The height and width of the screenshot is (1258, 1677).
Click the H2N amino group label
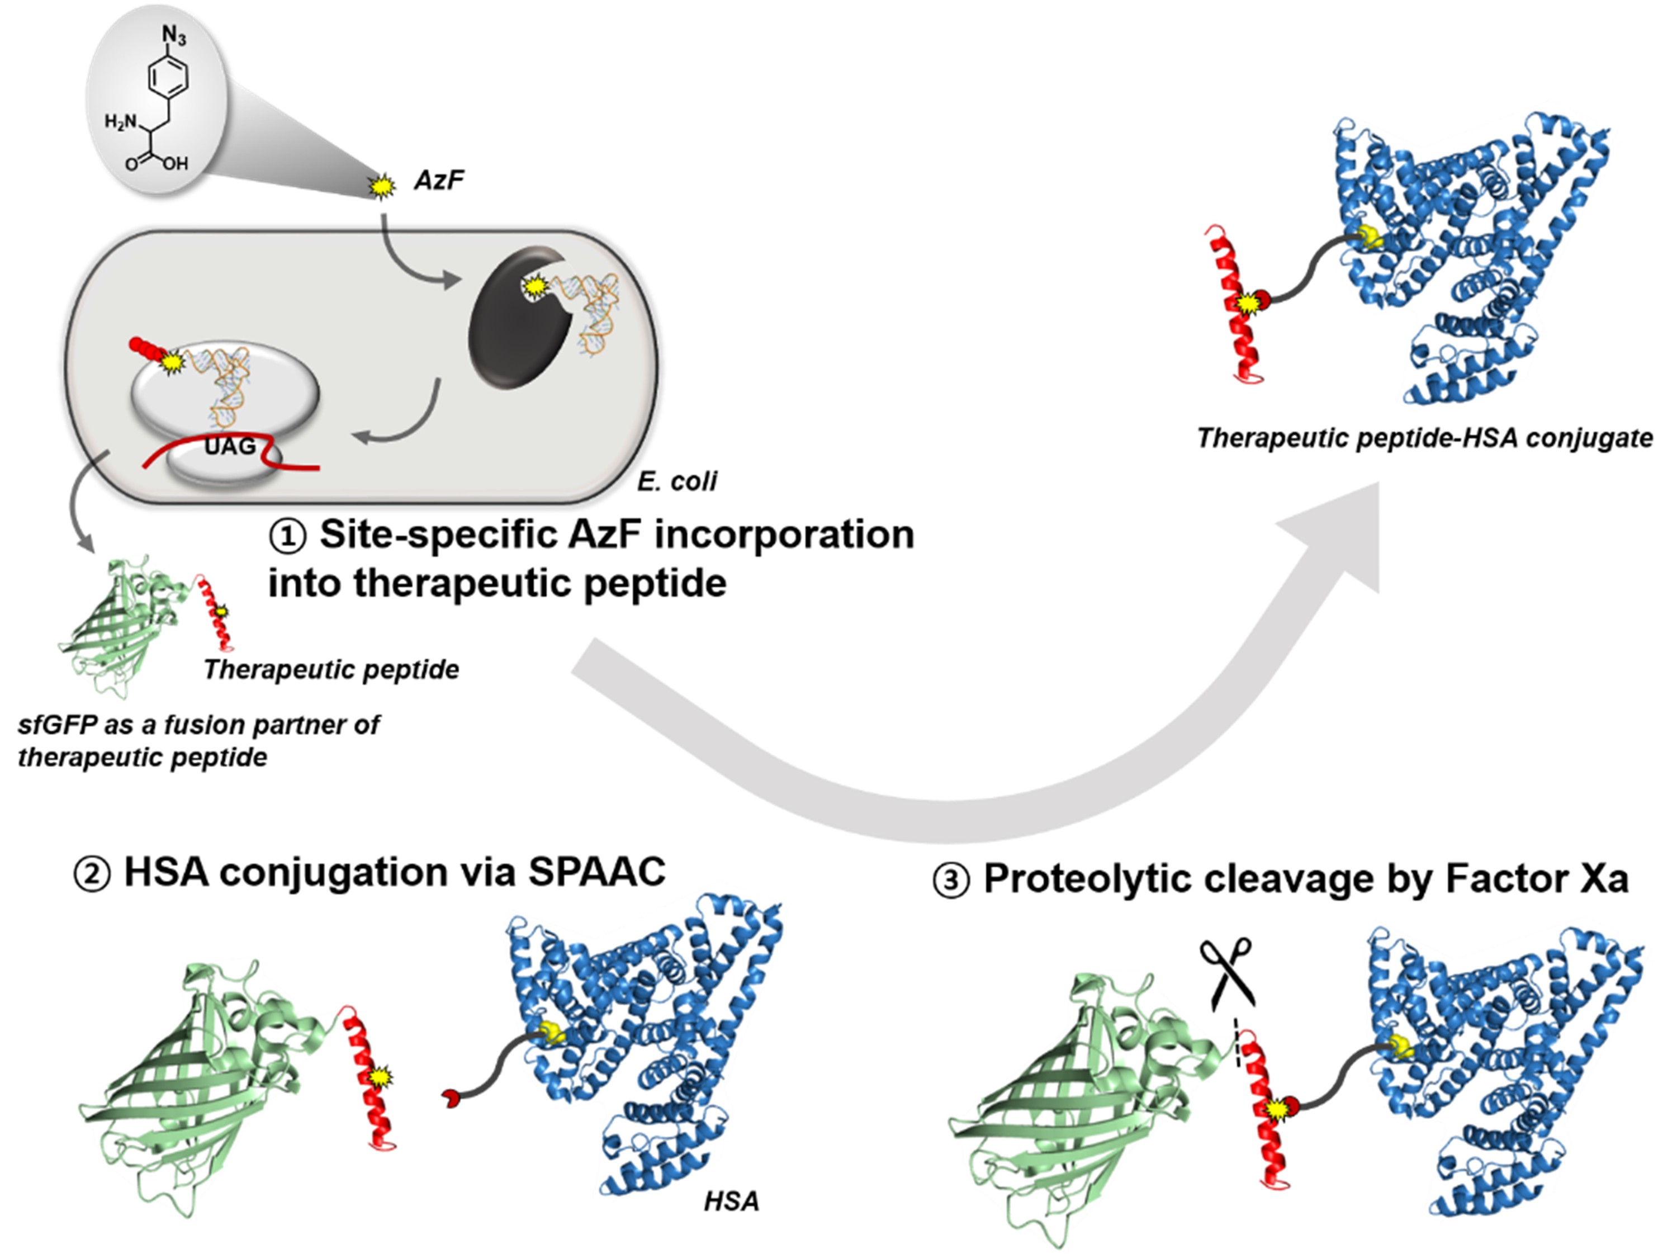[122, 121]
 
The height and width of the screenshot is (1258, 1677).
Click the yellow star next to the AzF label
[381, 185]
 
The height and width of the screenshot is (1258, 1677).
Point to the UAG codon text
[230, 446]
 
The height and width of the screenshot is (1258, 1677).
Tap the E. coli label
[676, 481]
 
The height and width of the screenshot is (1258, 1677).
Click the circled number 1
[287, 537]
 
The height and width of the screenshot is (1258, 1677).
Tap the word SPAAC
[596, 872]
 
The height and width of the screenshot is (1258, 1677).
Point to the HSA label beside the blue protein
[731, 1201]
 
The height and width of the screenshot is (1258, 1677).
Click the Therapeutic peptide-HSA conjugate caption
[1424, 438]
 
